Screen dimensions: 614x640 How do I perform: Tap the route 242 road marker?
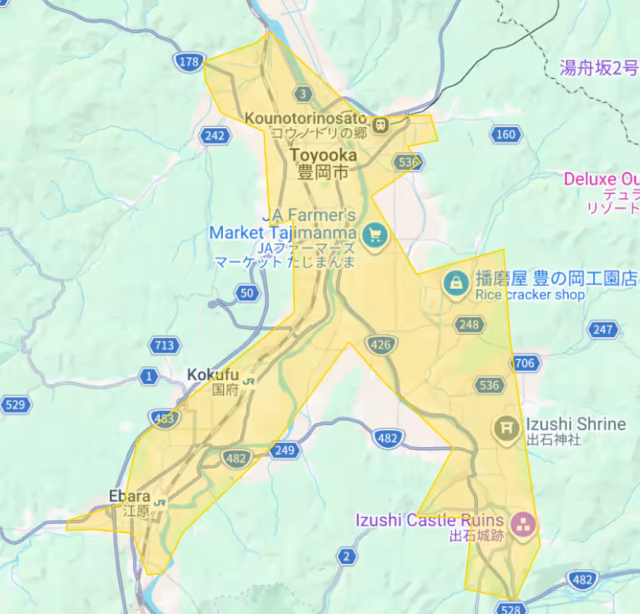click(215, 135)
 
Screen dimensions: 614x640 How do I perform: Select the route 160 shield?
click(506, 134)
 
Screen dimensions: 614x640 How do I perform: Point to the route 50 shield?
click(247, 292)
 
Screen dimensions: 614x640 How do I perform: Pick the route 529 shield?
click(15, 405)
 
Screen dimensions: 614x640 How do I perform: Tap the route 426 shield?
click(381, 344)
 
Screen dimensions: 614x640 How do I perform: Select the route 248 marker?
click(470, 325)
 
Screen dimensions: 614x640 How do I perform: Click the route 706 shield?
click(524, 363)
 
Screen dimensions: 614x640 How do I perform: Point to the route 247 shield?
click(602, 329)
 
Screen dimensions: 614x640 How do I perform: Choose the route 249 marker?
click(285, 450)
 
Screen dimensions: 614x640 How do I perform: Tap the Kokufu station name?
click(213, 375)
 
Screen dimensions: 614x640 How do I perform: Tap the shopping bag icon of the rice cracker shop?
click(455, 283)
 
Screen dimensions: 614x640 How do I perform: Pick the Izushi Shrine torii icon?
click(506, 428)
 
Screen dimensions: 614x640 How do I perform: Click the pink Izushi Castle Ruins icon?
click(522, 524)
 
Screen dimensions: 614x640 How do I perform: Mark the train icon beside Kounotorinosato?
click(381, 124)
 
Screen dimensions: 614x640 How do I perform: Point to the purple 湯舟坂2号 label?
click(599, 68)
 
